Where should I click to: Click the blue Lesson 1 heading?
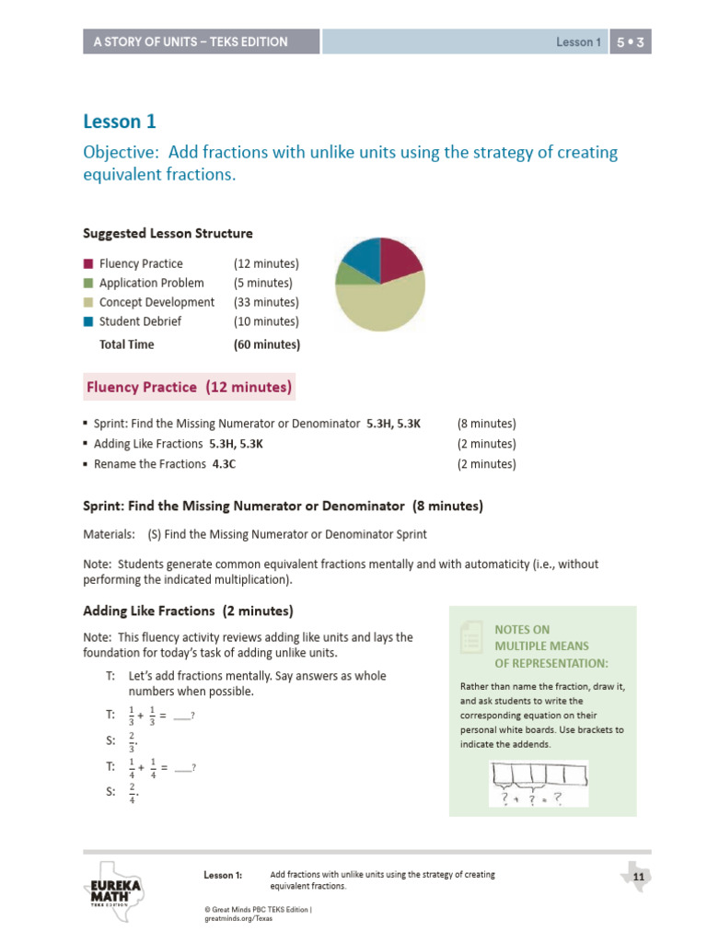[x=120, y=121]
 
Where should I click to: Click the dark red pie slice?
[x=399, y=258]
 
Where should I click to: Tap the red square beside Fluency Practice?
[x=87, y=264]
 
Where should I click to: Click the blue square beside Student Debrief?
[x=87, y=322]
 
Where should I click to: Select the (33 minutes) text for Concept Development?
[x=266, y=302]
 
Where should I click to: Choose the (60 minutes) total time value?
[x=267, y=344]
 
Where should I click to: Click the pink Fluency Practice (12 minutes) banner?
[x=189, y=387]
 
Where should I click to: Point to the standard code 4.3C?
[x=224, y=464]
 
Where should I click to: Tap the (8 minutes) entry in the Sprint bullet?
[x=486, y=424]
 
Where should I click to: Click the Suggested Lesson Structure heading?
[x=168, y=233]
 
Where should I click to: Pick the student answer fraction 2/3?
[x=133, y=740]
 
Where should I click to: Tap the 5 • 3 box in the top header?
[x=630, y=41]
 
